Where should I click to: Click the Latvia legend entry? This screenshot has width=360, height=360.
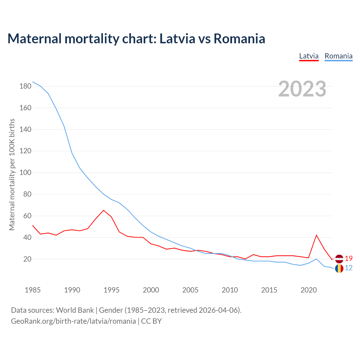309,56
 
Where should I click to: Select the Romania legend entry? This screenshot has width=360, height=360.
338,56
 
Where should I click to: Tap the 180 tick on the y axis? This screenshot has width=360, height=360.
25,86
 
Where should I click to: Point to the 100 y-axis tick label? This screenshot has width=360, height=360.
25,173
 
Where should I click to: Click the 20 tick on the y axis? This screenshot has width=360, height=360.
27,259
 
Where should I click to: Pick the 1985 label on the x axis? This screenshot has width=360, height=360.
33,290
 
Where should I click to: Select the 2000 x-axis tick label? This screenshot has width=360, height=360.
151,290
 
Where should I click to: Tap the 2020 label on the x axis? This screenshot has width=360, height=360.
309,290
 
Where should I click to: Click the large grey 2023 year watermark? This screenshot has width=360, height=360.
302,89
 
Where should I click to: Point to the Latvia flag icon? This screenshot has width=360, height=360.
339,259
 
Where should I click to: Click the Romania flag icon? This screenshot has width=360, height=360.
339,269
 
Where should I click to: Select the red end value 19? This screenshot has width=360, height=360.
349,258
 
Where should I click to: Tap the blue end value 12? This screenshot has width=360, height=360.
349,268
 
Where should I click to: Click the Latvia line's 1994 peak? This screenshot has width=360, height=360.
103,210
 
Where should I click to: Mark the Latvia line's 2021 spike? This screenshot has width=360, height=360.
316,235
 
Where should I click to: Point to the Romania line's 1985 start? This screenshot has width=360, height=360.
33,82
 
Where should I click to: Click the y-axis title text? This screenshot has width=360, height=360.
12,174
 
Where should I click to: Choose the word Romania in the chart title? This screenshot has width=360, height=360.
239,39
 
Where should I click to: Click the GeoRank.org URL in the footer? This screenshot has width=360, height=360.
73,321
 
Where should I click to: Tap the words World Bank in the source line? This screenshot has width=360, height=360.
75,310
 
